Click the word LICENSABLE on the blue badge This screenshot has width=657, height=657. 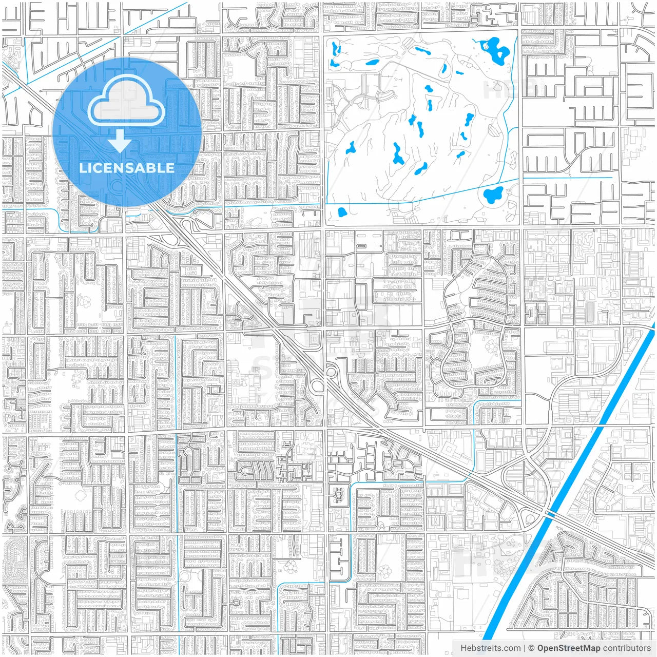(126, 168)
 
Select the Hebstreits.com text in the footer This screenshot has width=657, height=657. (490, 648)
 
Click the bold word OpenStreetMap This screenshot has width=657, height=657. (568, 648)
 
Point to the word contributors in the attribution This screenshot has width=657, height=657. (627, 648)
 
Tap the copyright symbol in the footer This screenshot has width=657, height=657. (531, 648)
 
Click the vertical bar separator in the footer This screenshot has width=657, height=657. (524, 648)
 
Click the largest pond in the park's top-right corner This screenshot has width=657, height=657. (496, 50)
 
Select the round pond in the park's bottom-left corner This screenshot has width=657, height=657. (342, 212)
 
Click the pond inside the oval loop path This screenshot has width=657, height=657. (493, 195)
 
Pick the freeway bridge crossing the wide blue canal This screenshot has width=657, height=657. (549, 514)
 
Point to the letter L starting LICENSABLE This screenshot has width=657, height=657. (82, 168)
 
